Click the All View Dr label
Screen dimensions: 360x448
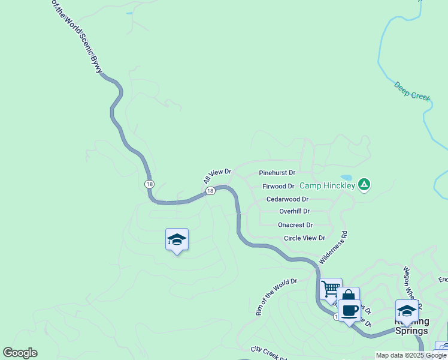[217, 176]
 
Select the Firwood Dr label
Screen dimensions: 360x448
[279, 187]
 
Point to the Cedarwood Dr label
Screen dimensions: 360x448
[287, 199]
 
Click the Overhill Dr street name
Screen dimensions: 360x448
[294, 211]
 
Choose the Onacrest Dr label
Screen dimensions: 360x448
[295, 225]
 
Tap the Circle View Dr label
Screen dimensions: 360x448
[304, 238]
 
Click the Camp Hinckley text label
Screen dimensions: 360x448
[327, 186]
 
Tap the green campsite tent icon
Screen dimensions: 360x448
[363, 184]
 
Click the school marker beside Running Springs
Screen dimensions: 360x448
[407, 311]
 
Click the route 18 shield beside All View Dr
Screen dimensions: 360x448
[210, 191]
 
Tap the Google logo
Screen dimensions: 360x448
[20, 353]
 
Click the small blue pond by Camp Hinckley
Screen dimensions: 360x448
[346, 178]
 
